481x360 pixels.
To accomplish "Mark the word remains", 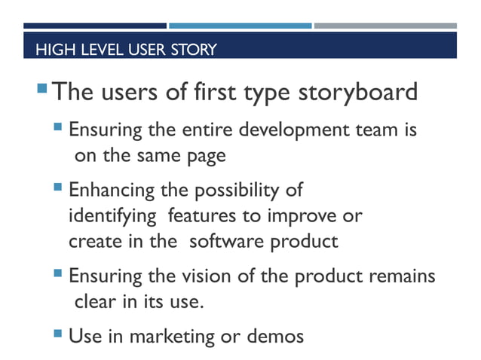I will [403, 275].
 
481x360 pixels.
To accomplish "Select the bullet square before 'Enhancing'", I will [59, 185].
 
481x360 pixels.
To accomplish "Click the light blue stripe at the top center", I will [240, 26].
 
